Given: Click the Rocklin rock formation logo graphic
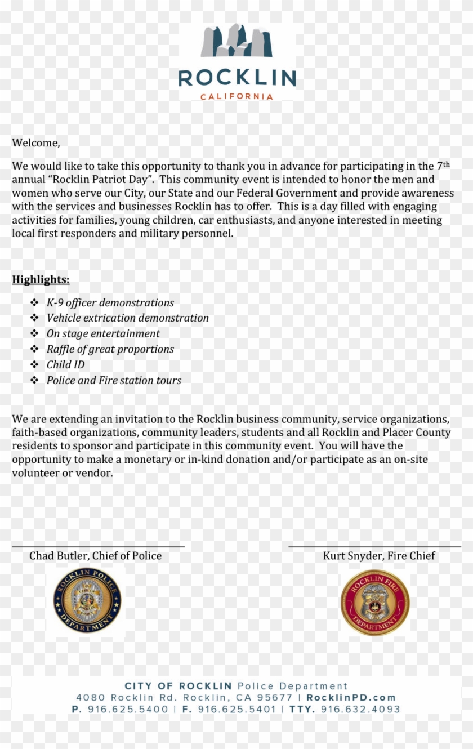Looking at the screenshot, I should click(236, 41).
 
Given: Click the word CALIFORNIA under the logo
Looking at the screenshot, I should click(236, 96).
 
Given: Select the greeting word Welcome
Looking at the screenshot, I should click(35, 143).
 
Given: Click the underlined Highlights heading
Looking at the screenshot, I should click(41, 280).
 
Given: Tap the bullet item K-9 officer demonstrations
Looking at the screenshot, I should click(110, 303).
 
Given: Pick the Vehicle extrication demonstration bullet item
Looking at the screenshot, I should click(127, 318).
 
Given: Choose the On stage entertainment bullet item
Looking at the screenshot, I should click(103, 334).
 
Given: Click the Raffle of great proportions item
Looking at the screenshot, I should click(110, 349).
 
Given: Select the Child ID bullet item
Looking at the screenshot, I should click(65, 365).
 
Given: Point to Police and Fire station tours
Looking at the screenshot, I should click(114, 381).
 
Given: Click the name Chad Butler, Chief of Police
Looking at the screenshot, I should click(95, 556).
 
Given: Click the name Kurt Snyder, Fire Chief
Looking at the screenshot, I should click(378, 556).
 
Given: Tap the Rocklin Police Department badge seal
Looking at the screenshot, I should click(87, 600).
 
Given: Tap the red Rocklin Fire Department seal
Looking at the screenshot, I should click(375, 602).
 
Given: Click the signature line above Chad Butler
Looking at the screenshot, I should click(98, 546).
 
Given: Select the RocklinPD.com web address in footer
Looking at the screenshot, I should click(351, 698).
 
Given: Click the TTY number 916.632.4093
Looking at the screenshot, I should click(360, 710).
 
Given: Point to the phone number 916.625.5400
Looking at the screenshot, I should click(128, 710).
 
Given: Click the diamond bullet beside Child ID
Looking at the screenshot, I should click(34, 365).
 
